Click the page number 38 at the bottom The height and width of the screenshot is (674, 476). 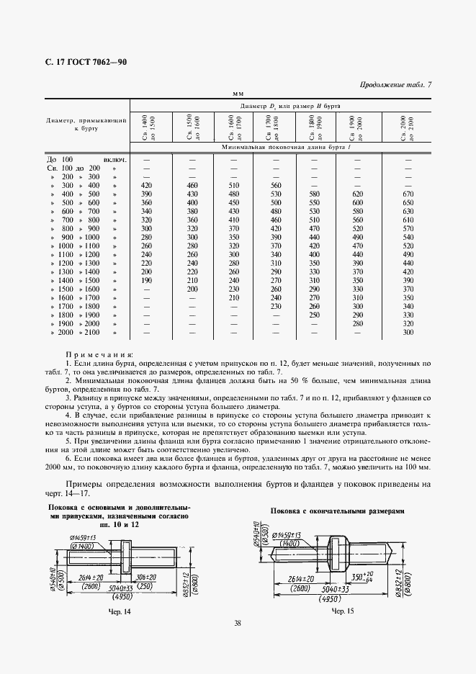click(238, 624)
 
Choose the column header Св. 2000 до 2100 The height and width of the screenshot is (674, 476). click(407, 127)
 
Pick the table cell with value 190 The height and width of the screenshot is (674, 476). click(146, 279)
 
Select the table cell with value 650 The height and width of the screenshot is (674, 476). click(408, 204)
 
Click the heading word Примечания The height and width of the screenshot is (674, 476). click(99, 355)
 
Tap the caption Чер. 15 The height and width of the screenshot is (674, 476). click(342, 611)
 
